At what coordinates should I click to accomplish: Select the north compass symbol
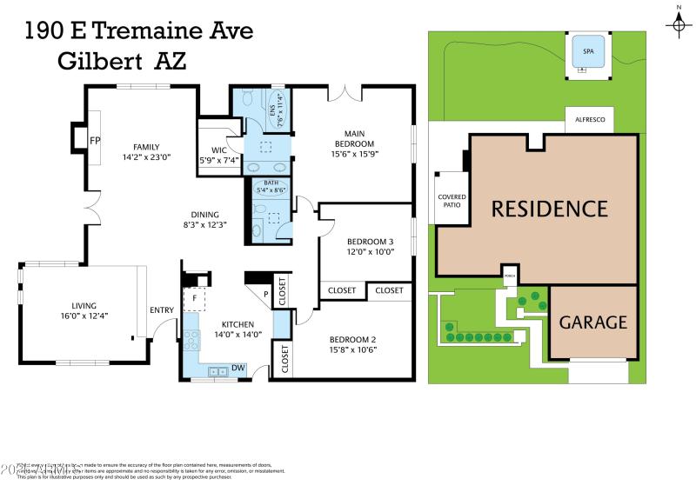[x=678, y=23]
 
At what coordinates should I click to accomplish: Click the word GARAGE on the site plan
[x=592, y=322]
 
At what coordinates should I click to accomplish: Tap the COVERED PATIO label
[x=452, y=201]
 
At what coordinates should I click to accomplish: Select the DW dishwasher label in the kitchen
[x=238, y=368]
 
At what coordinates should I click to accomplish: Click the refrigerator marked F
[x=195, y=298]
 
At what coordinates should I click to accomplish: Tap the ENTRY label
[x=162, y=309]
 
